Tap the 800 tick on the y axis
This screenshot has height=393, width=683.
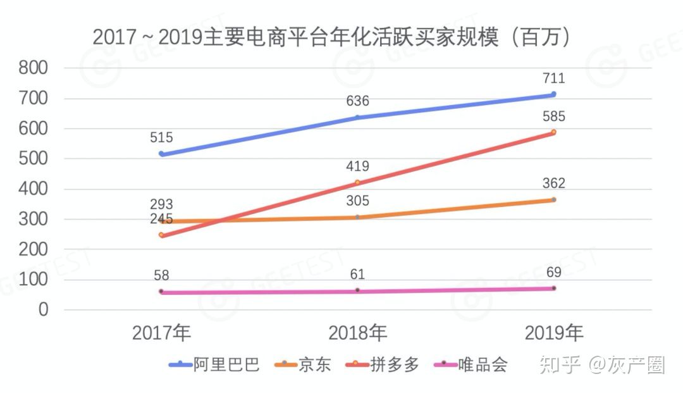tap(34, 68)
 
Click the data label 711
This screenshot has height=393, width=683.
tap(553, 79)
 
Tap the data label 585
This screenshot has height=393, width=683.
tap(553, 117)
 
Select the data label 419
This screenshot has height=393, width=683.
tap(357, 167)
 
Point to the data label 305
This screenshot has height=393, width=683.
tap(357, 201)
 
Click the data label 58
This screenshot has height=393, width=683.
tap(161, 276)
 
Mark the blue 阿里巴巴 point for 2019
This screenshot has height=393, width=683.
tap(553, 94)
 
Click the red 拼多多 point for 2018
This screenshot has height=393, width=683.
tap(357, 183)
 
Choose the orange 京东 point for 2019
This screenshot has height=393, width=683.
tap(553, 200)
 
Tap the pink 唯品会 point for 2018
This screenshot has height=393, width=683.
tap(357, 290)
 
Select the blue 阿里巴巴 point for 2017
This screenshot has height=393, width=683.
tap(161, 154)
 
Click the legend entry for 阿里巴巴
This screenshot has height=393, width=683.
tap(214, 365)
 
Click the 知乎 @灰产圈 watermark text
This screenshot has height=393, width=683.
tap(601, 365)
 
